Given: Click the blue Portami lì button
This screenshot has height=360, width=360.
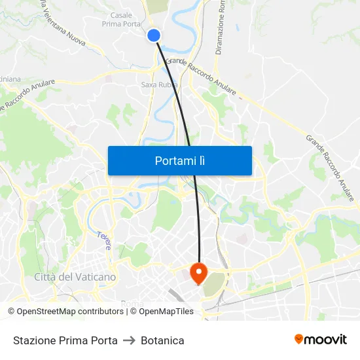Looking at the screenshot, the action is (180, 160).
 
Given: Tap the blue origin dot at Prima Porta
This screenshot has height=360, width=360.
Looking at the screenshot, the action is (154, 35).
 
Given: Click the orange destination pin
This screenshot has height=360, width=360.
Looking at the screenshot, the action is (198, 271).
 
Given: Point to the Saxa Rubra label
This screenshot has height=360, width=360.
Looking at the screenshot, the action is (156, 84).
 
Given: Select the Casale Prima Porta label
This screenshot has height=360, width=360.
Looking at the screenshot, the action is (117, 20).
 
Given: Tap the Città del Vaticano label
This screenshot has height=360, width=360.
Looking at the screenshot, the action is (75, 277).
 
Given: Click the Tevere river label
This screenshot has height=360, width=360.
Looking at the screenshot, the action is (104, 240).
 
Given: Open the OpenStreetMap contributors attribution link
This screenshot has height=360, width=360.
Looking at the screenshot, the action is (70, 312).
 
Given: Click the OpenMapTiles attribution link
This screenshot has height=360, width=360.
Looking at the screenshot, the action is (162, 312).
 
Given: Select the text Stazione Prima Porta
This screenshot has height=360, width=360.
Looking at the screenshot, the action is (65, 340).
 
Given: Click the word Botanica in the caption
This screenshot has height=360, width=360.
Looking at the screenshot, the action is (162, 340).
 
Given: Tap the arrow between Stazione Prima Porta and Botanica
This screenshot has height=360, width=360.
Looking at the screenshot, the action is (129, 340).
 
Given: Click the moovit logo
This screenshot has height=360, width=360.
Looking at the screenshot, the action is (321, 339).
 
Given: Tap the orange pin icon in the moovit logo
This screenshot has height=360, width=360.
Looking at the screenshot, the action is (299, 339).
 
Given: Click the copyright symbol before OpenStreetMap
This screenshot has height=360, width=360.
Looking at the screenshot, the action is (12, 312).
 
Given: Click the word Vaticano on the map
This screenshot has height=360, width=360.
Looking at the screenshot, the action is (95, 277).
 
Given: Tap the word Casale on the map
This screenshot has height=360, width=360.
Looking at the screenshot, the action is (121, 15).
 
